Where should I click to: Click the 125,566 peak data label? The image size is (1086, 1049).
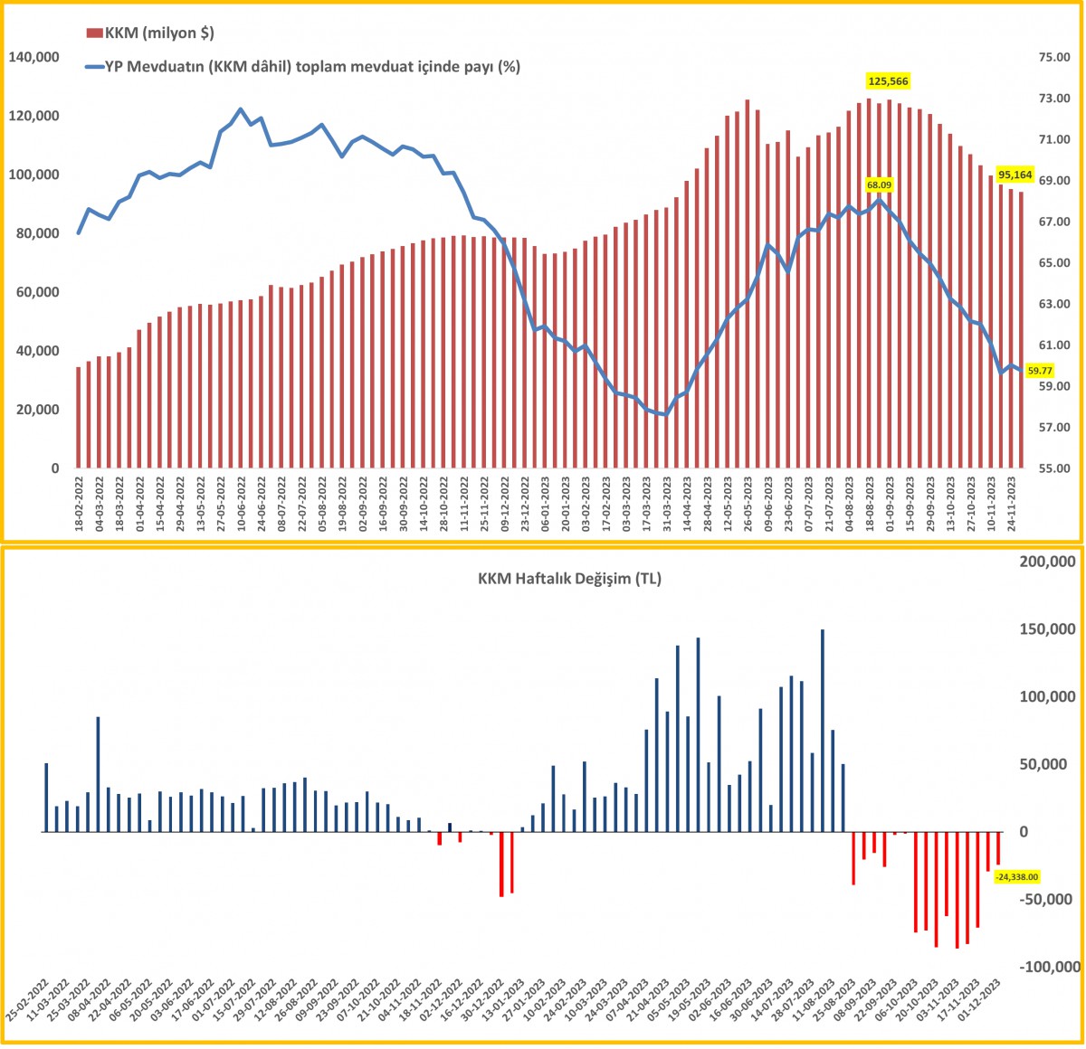(887, 81)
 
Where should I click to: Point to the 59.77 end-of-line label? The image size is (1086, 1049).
(1040, 370)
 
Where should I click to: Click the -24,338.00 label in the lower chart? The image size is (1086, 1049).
(1016, 876)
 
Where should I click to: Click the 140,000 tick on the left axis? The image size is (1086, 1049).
(33, 57)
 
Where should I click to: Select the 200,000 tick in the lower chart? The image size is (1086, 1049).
(1048, 562)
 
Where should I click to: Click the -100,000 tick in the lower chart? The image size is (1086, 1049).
(1050, 968)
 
